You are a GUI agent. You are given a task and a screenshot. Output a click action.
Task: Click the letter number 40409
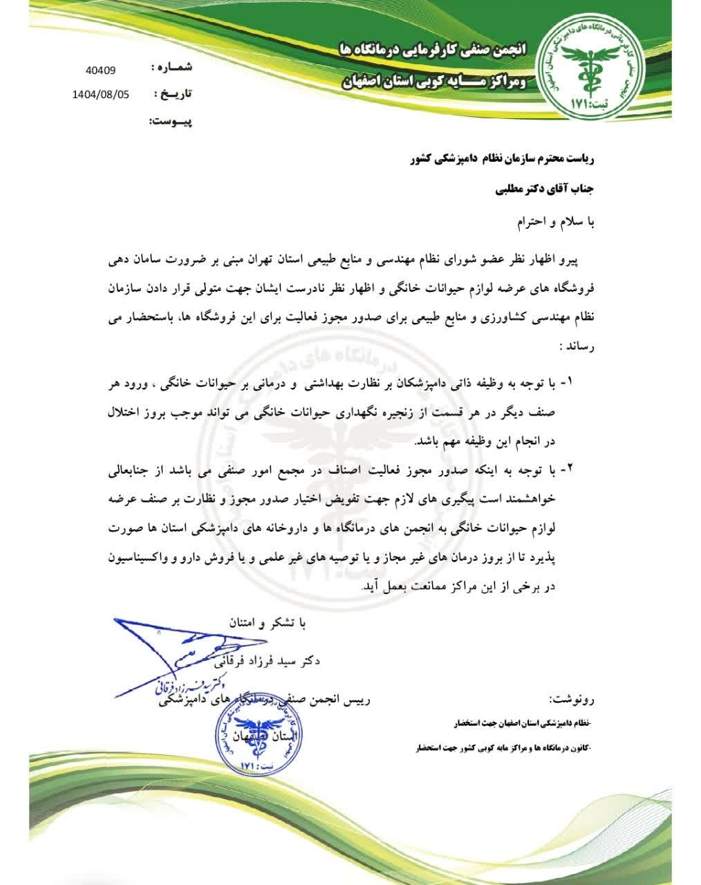coord(101,70)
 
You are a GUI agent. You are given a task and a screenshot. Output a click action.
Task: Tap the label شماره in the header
coord(170,68)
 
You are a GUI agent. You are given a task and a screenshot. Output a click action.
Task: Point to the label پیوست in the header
coord(170,122)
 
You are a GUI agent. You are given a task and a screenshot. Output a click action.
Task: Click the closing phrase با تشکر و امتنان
coord(267,622)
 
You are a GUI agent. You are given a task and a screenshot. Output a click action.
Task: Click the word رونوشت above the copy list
coord(570,700)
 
